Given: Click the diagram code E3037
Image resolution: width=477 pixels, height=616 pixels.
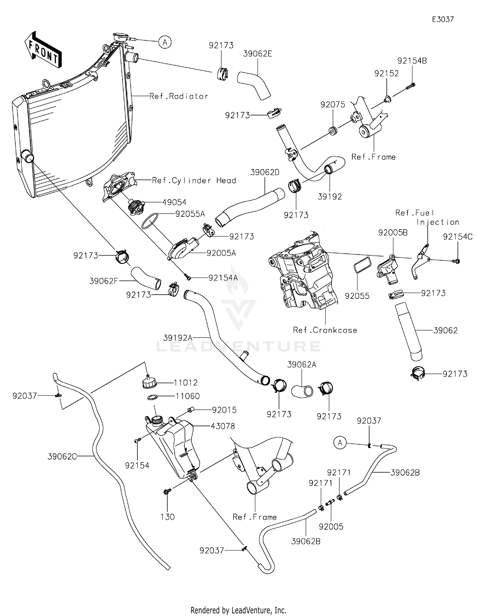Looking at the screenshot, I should pyautogui.click(x=443, y=19).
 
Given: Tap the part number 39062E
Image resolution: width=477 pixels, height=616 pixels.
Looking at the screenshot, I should pyautogui.click(x=258, y=54).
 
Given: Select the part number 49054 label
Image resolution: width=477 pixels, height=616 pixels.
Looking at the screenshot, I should pyautogui.click(x=174, y=202).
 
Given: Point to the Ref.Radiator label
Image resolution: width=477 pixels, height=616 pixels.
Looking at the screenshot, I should pyautogui.click(x=179, y=96).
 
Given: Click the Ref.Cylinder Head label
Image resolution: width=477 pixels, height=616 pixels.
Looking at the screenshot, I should pyautogui.click(x=194, y=181).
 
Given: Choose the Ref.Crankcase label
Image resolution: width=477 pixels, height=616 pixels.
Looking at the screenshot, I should pyautogui.click(x=325, y=330).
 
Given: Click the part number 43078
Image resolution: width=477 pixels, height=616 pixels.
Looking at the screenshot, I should pyautogui.click(x=223, y=426).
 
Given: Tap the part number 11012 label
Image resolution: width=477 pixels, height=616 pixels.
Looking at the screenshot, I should pyautogui.click(x=185, y=383).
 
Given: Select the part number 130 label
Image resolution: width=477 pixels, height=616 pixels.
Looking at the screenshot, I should pyautogui.click(x=168, y=517).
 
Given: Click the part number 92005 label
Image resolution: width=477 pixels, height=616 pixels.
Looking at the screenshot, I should pyautogui.click(x=331, y=527).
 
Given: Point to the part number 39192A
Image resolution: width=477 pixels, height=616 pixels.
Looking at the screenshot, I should pyautogui.click(x=178, y=338).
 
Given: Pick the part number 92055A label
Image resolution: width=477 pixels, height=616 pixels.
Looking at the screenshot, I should pyautogui.click(x=190, y=214).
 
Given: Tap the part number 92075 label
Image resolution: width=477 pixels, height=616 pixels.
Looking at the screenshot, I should pyautogui.click(x=333, y=105).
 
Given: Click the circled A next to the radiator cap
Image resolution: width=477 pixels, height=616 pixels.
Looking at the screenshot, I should pyautogui.click(x=165, y=42).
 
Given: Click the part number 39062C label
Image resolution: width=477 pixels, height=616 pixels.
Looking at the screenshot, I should pyautogui.click(x=62, y=456).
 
